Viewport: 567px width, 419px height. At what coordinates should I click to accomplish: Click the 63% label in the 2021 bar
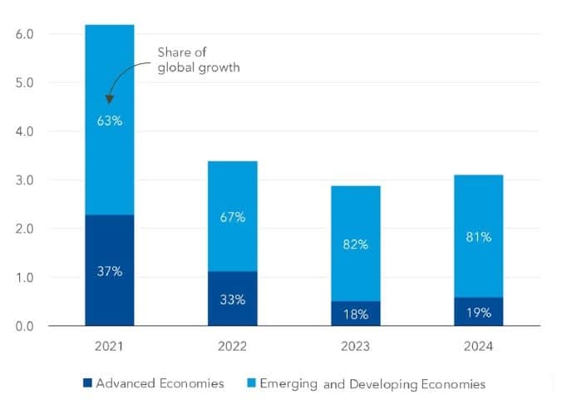click(110, 121)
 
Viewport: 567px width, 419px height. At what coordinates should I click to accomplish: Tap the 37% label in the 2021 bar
click(110, 272)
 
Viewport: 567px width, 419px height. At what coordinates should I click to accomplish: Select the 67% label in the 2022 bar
click(233, 217)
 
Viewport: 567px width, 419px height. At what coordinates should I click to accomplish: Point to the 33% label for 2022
click(233, 299)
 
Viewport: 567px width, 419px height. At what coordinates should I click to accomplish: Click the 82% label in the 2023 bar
click(356, 244)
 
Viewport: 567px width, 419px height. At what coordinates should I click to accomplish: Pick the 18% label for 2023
click(356, 313)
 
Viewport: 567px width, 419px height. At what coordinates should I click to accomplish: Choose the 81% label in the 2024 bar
click(478, 237)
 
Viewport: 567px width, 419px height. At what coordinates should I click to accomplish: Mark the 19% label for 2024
click(478, 313)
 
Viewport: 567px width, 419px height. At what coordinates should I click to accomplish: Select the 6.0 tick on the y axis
click(24, 35)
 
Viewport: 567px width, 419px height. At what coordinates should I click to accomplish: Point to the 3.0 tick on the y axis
click(24, 180)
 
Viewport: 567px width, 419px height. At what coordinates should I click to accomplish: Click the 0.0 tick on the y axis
click(24, 326)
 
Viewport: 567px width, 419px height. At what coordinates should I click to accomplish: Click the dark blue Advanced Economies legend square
click(86, 383)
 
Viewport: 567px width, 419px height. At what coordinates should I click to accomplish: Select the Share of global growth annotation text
click(198, 61)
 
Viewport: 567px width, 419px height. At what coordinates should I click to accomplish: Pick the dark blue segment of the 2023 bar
click(356, 314)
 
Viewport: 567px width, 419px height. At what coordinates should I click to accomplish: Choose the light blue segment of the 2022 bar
click(233, 191)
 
